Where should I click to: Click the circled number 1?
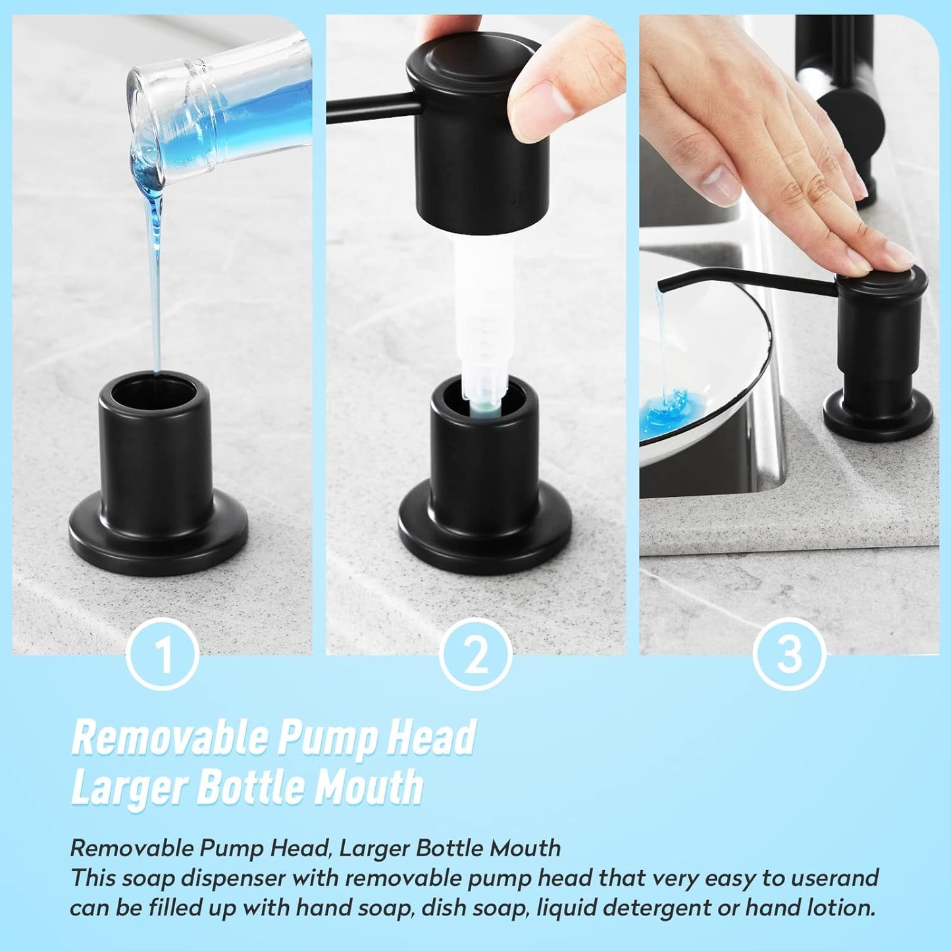162,654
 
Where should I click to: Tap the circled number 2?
475,654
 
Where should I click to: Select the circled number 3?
789,654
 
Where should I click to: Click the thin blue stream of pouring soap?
157,296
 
